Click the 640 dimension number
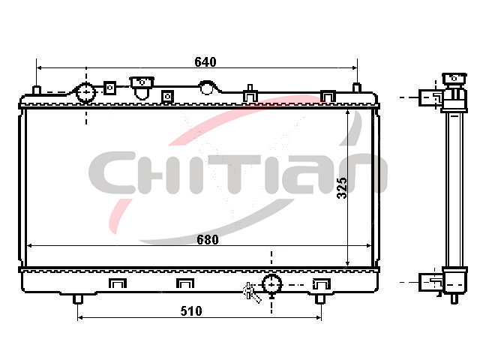(205, 61)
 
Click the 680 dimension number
(208, 240)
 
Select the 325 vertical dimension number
(342, 188)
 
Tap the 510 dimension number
(191, 311)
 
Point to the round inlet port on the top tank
(85, 91)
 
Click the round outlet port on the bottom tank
(271, 284)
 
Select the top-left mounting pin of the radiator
(37, 91)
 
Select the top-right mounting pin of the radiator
(357, 88)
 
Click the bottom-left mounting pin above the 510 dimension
(78, 298)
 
